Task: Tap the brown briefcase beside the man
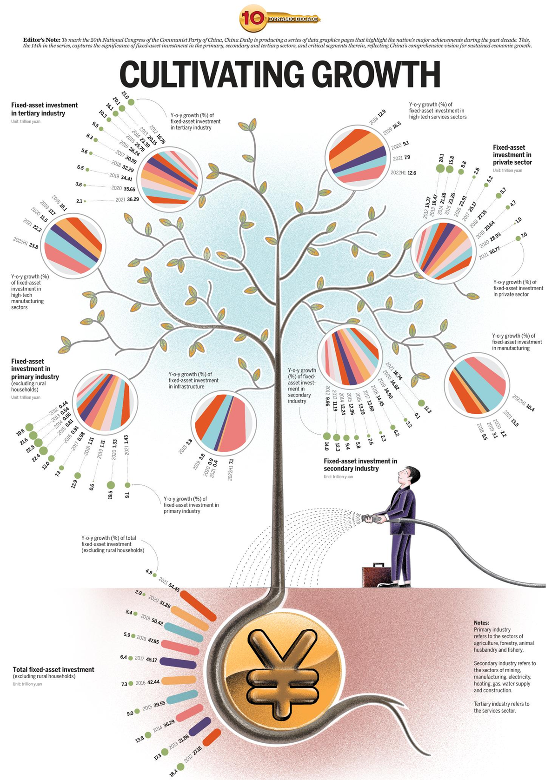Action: click(376, 576)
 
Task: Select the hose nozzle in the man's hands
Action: click(371, 518)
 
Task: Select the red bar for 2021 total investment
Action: click(198, 605)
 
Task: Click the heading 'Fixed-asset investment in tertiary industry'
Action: click(45, 109)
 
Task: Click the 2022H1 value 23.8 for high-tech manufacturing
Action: click(33, 246)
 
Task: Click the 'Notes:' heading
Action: click(481, 623)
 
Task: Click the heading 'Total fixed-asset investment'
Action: click(53, 669)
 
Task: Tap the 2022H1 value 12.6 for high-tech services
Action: click(412, 172)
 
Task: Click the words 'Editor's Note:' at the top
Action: click(41, 40)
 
